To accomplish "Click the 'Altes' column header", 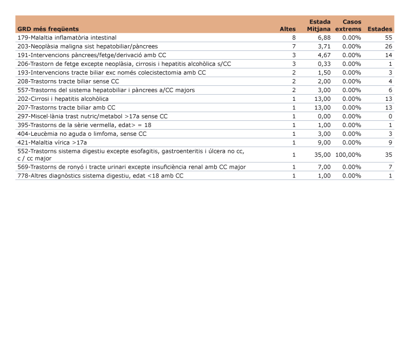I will (x=287, y=29).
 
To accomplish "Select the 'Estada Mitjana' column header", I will (x=319, y=26).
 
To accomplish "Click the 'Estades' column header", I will (x=380, y=29).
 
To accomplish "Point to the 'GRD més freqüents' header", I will (x=48, y=29).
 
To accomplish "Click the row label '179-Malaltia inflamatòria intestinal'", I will (x=67, y=38).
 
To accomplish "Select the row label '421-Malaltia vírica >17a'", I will (x=52, y=142).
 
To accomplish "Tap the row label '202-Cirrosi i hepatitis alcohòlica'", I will (x=63, y=99).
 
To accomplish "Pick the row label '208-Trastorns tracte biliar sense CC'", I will (x=68, y=81).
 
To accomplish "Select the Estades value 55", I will (x=388, y=38).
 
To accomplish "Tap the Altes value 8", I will (x=294, y=38).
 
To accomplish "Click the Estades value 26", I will (x=388, y=46).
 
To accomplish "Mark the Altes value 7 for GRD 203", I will (x=294, y=46).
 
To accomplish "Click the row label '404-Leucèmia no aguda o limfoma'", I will (x=82, y=134).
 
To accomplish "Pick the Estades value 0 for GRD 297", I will (x=390, y=116).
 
